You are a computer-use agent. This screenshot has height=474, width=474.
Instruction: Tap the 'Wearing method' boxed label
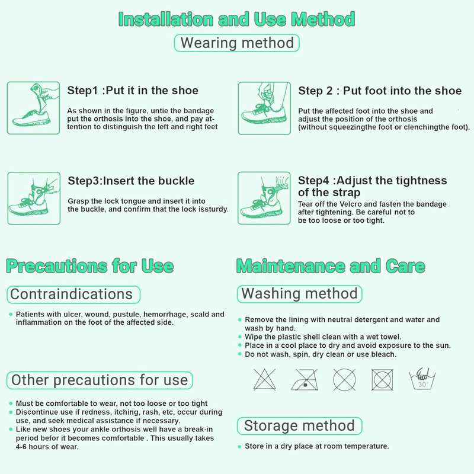237,43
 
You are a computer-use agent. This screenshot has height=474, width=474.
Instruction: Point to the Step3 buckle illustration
33,198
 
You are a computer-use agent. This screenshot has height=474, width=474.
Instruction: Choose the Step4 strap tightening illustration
264,198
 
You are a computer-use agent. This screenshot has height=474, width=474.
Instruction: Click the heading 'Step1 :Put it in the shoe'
133,91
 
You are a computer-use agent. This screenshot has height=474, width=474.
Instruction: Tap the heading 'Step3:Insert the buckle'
131,181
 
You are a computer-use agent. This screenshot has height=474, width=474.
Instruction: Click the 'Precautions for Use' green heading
89,266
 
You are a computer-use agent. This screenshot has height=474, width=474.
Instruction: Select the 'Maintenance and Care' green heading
331,266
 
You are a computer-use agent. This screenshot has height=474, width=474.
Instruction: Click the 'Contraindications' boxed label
73,294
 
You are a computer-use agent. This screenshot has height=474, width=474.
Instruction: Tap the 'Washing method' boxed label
300,294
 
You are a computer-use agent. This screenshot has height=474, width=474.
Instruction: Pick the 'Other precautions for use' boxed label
100,380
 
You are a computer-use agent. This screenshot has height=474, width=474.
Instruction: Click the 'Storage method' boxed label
300,425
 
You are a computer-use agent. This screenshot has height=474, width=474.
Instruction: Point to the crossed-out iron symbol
305,379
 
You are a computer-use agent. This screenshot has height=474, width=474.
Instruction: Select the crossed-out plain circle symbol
344,379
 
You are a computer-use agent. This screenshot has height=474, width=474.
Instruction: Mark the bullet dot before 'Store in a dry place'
239,446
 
